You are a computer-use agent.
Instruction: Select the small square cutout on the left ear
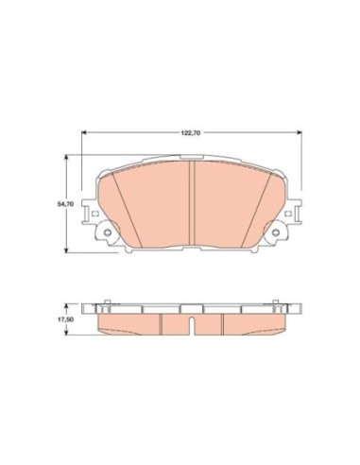click(94, 216)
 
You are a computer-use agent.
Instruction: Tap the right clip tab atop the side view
click(278, 305)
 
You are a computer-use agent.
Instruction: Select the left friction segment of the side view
click(128, 323)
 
